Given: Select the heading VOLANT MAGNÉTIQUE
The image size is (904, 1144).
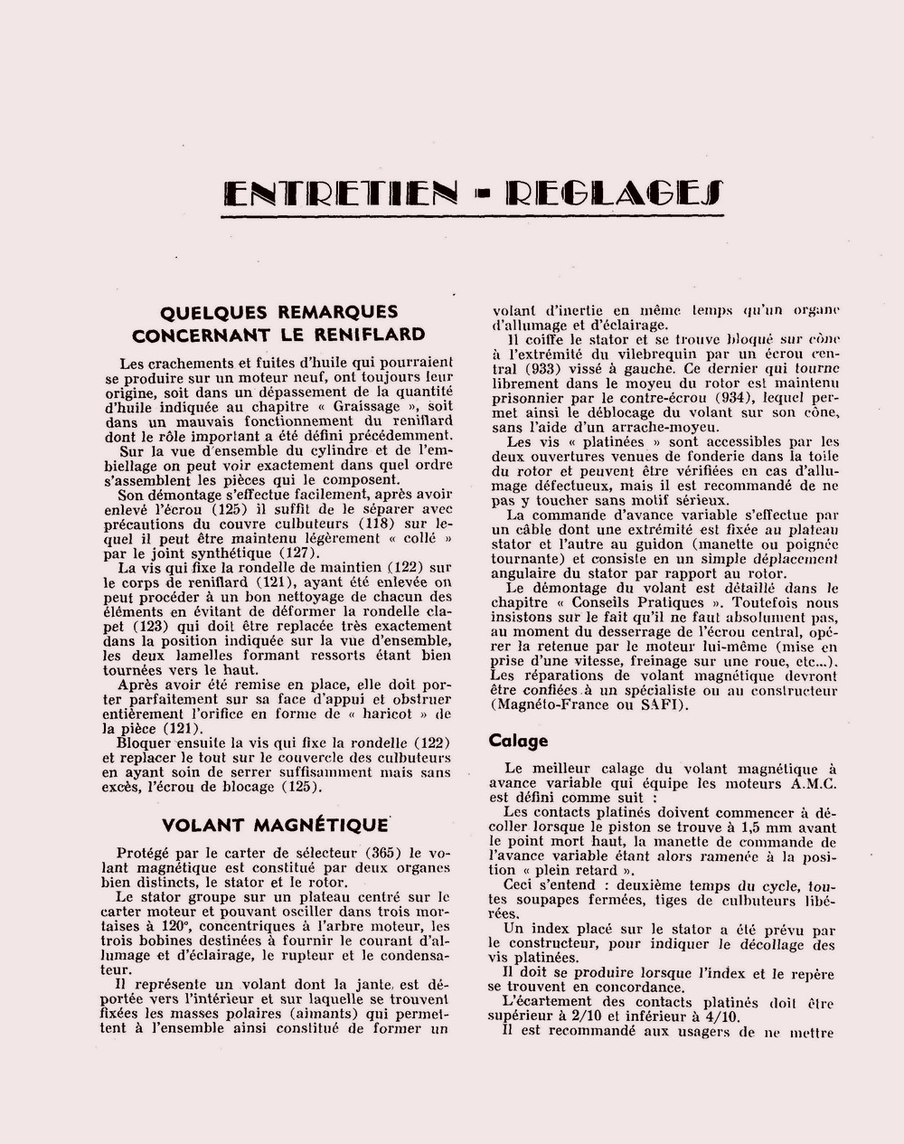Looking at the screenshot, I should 275,825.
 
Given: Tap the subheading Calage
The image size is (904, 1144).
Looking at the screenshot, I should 519,741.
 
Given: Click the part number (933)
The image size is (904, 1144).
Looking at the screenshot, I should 559,369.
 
